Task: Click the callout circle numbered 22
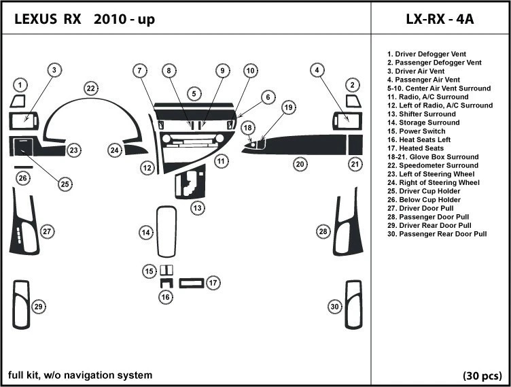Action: [90, 88]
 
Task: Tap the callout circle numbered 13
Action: [197, 207]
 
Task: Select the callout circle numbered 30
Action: [334, 307]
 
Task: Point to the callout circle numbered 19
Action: [289, 107]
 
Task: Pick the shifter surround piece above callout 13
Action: [191, 183]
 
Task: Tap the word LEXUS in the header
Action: [37, 19]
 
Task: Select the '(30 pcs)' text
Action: [482, 375]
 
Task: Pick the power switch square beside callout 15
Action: [166, 269]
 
